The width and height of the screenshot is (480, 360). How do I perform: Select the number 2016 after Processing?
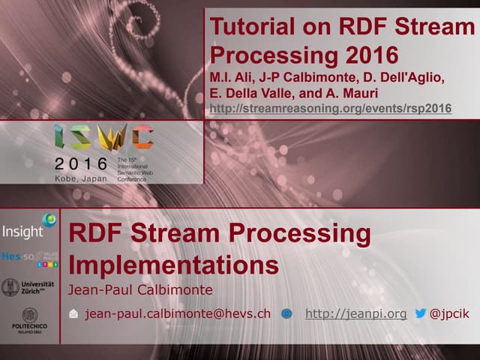(x=366, y=55)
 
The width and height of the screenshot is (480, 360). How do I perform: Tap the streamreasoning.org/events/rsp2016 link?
(x=331, y=109)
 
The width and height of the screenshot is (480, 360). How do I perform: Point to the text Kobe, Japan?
(x=81, y=178)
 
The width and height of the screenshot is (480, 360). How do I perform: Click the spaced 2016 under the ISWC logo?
(x=81, y=164)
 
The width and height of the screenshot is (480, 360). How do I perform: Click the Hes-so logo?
(x=29, y=257)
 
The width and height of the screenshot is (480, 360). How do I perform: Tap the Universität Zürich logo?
(x=29, y=286)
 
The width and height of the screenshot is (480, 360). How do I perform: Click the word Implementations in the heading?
(x=173, y=265)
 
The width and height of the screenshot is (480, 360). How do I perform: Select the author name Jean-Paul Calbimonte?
(x=140, y=289)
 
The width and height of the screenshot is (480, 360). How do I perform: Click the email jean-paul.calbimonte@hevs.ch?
(x=178, y=313)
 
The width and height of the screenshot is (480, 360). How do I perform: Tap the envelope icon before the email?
(x=73, y=314)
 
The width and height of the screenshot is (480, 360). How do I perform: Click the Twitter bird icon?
(x=420, y=313)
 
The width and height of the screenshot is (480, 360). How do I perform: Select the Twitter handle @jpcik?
(x=449, y=313)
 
